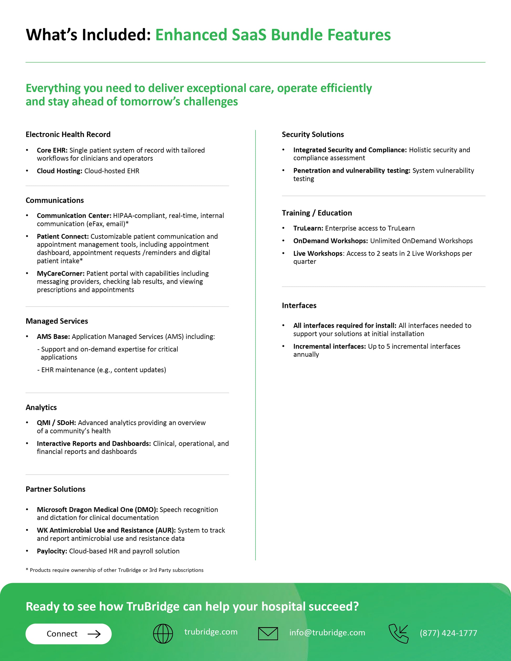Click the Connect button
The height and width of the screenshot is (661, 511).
69,634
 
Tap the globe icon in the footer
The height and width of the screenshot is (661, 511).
163,633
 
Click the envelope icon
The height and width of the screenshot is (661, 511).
268,633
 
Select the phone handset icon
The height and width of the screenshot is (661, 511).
398,633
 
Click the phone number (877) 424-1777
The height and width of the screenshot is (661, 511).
448,633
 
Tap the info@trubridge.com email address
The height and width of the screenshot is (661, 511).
327,633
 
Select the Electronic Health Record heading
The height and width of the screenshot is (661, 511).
68,134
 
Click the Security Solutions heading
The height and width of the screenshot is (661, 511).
313,134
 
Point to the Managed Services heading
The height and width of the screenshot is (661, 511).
57,321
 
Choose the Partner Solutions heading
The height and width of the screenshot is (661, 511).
55,489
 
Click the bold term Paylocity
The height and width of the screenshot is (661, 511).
52,551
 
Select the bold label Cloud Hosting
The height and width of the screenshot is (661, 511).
59,171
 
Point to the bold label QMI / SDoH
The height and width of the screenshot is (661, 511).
56,423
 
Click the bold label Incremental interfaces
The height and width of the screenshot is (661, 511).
329,346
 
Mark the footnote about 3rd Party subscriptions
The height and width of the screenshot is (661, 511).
114,570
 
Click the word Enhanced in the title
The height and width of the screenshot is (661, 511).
191,35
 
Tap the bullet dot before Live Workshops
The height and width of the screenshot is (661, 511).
283,253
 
